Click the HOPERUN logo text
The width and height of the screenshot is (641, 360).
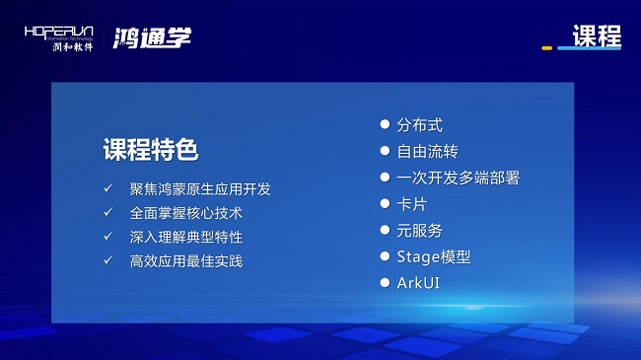(59, 33)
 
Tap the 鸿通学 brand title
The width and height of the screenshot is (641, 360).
(152, 38)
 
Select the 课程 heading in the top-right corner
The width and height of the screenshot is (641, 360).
(597, 36)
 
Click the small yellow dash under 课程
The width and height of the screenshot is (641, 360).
(547, 48)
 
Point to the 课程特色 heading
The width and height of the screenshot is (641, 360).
(151, 149)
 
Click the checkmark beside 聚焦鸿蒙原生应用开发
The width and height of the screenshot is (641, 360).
(108, 188)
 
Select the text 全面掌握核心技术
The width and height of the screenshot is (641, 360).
(186, 213)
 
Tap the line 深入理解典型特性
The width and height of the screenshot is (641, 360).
(186, 237)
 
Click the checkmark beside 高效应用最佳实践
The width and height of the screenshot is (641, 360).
(108, 260)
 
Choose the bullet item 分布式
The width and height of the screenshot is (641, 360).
(419, 125)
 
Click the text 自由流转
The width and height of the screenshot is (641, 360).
(427, 151)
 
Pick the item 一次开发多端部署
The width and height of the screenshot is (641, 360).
(459, 178)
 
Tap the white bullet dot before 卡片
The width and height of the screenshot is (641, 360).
(385, 203)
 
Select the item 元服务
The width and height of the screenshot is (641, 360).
(419, 231)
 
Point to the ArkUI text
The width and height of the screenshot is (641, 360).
(418, 283)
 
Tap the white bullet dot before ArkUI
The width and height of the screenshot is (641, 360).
(385, 283)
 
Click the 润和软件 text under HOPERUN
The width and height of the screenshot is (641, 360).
(73, 46)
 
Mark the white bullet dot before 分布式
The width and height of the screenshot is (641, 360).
(385, 124)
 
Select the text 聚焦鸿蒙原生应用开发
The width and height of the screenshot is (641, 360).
(200, 189)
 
